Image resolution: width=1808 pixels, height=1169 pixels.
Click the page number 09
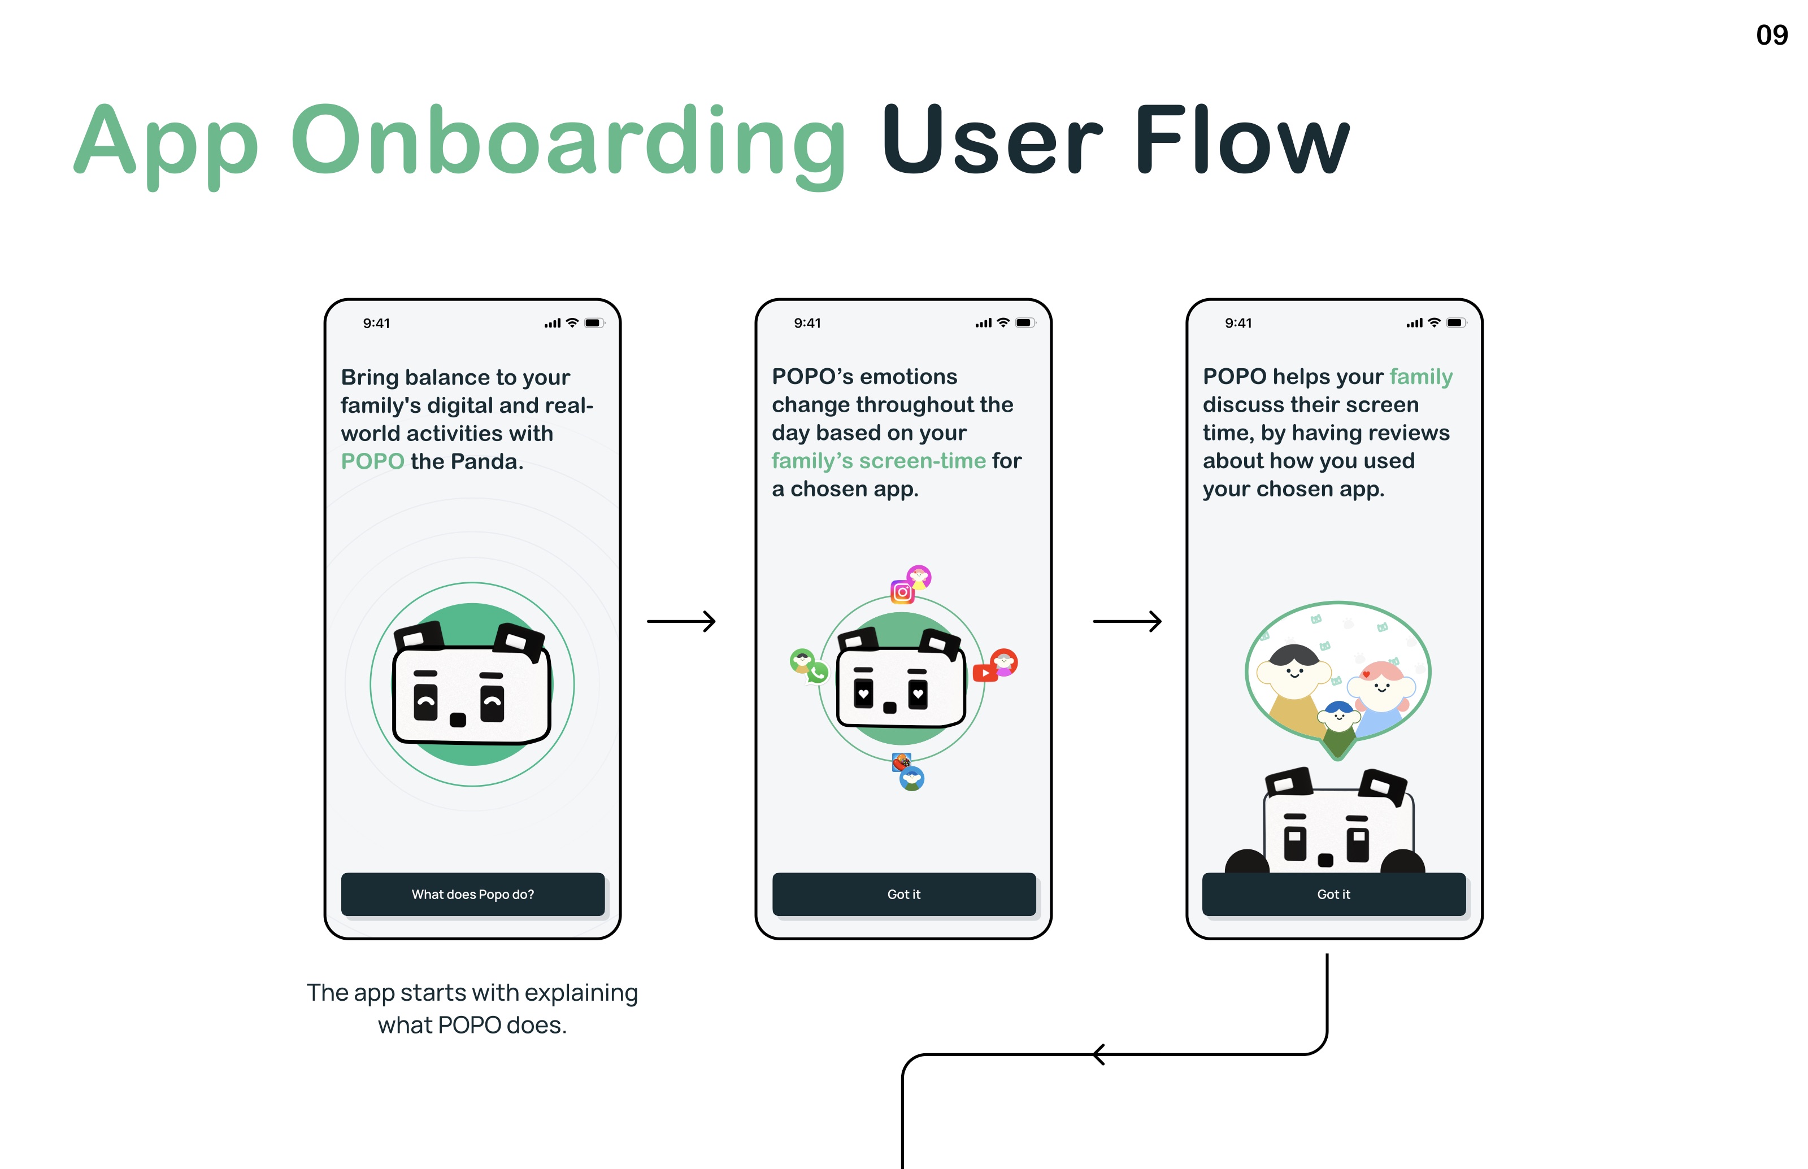click(x=1771, y=35)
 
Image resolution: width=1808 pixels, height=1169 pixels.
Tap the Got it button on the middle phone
click(x=903, y=894)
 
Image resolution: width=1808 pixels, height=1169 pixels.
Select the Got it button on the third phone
click(x=1333, y=894)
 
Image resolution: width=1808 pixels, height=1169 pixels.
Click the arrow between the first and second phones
click(x=681, y=622)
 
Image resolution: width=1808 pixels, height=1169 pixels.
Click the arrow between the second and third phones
click(x=1127, y=622)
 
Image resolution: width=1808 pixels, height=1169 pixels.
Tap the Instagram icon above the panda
click(x=902, y=592)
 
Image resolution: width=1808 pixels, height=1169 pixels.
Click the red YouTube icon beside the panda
click(x=985, y=673)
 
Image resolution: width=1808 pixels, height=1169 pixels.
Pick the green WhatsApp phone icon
click(x=818, y=673)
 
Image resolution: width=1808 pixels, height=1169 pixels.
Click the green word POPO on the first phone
click(x=372, y=461)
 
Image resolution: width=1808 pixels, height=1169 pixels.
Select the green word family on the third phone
click(x=1421, y=377)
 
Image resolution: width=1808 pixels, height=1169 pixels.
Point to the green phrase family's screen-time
click(x=879, y=461)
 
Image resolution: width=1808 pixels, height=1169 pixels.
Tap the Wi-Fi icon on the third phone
click(x=1433, y=322)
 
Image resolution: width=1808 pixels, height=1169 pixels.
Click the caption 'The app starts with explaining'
click(x=472, y=993)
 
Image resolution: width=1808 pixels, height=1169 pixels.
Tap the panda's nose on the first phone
click(x=458, y=719)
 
